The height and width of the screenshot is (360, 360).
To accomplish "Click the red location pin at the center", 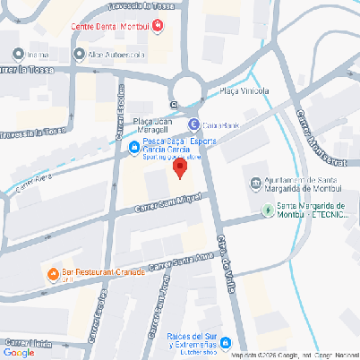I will pyautogui.click(x=180, y=168).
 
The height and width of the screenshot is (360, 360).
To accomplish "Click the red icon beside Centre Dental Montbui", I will pyautogui.click(x=159, y=26).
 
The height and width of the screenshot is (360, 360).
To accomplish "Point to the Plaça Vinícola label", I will pyautogui.click(x=244, y=90).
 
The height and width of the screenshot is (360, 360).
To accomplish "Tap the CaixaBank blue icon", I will pyautogui.click(x=193, y=124).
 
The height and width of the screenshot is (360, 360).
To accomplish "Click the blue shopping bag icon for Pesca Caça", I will pyautogui.click(x=133, y=147).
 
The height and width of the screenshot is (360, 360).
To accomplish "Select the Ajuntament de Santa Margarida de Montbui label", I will pyautogui.click(x=298, y=186).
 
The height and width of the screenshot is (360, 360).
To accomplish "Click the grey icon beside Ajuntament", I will pyautogui.click(x=255, y=186).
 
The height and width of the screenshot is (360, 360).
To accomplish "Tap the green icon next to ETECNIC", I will pyautogui.click(x=267, y=211).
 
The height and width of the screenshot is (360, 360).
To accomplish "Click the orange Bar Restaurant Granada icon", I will pyautogui.click(x=53, y=272).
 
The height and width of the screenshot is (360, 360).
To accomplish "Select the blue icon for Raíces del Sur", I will pyautogui.click(x=227, y=341).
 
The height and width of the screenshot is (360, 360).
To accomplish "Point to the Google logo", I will pyautogui.click(x=20, y=353).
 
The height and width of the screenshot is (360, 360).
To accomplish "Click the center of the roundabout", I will pyautogui.click(x=188, y=89).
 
